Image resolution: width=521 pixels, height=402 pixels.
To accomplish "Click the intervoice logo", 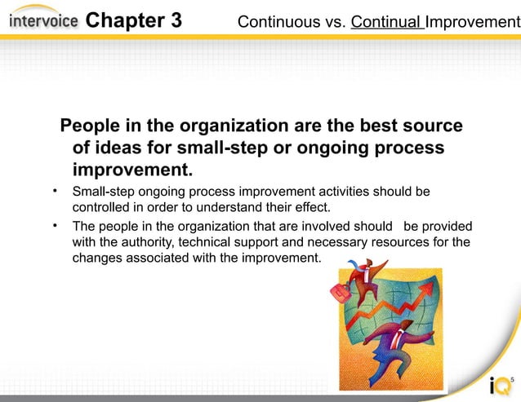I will click(43, 20).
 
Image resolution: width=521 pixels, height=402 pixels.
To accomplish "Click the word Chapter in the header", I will click(122, 20).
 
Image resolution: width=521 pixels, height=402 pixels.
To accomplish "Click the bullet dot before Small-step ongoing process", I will click(56, 192).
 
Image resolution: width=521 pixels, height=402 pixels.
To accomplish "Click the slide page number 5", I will click(512, 380).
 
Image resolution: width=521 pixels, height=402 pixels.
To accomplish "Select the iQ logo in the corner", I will click(497, 386).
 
